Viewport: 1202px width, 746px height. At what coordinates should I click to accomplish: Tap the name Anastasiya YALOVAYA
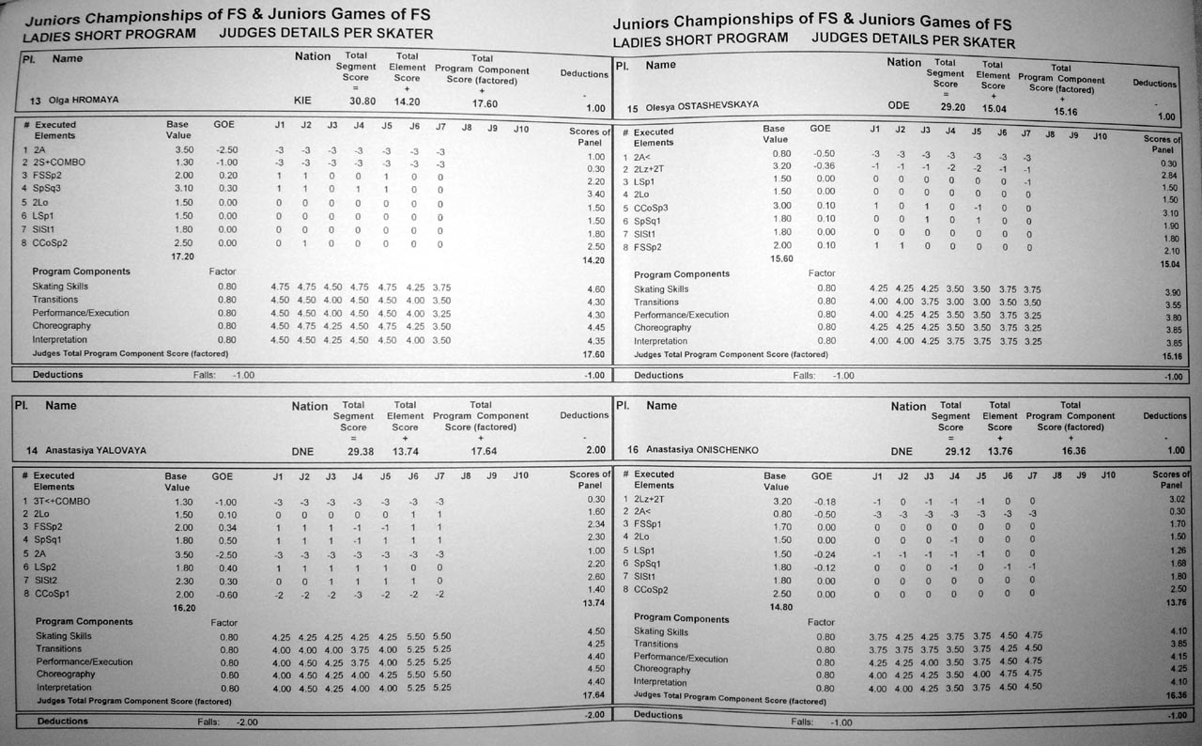tap(94, 451)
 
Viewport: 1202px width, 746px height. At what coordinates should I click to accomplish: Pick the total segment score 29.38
tap(360, 451)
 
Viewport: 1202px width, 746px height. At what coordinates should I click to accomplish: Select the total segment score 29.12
tap(958, 451)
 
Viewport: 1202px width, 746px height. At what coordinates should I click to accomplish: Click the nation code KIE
tap(301, 100)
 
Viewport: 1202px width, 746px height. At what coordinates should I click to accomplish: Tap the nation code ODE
tap(899, 105)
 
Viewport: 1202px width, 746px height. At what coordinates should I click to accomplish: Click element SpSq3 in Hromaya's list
tap(47, 188)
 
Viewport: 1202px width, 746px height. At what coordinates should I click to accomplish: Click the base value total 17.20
tap(181, 255)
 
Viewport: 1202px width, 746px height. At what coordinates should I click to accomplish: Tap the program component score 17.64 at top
tap(482, 451)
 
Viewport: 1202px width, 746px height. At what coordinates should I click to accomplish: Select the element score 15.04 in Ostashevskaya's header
tap(997, 107)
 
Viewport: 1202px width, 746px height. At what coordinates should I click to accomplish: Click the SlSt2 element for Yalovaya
tap(46, 581)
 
